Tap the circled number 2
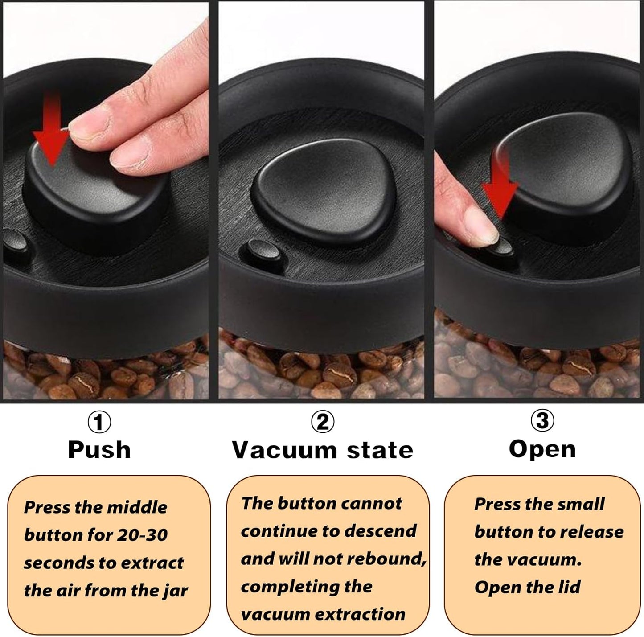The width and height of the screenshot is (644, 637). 322,422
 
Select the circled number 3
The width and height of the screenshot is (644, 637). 542,420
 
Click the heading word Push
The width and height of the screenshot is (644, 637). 99,450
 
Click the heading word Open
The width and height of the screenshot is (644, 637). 542,449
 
